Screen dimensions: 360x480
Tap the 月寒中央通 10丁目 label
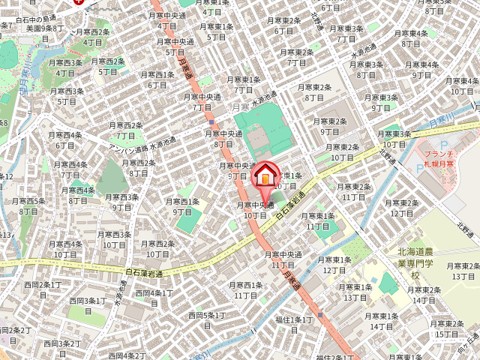tap(255, 209)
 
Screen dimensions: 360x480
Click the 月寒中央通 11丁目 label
tap(283, 259)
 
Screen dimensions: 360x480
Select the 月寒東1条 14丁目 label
tap(381, 321)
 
